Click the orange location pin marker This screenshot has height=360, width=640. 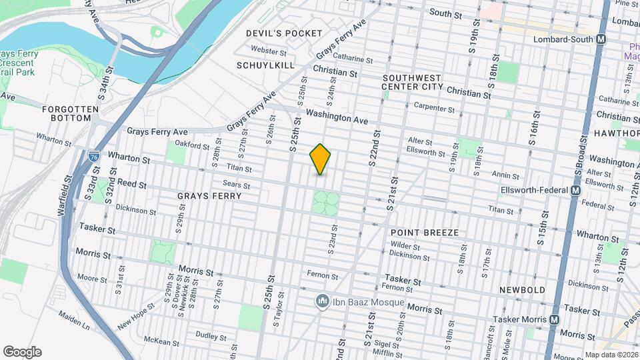pos(321,159)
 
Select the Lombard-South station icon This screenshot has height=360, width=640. pos(601,39)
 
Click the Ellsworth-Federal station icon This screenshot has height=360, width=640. pos(575,191)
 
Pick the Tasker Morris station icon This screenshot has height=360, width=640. pos(554,320)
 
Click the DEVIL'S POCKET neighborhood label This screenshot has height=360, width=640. pos(284,33)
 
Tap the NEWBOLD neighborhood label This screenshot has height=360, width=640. pos(522,290)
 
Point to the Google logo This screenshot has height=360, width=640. pos(22,352)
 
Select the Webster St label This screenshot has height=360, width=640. pos(269,51)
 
